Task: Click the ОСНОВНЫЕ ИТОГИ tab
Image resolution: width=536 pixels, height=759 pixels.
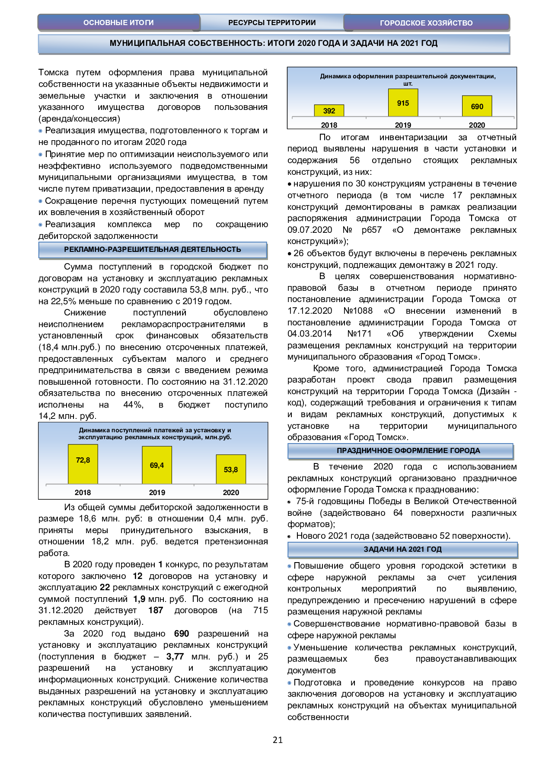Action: (118, 23)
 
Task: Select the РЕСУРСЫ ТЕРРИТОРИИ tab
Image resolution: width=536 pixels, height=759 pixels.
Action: (272, 23)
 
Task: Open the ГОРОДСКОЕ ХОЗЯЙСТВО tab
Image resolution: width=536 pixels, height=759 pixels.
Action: (426, 23)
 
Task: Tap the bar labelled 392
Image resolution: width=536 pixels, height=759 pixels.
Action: (329, 110)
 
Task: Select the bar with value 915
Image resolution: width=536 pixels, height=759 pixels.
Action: (403, 103)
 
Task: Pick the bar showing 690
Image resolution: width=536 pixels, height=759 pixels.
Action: (477, 106)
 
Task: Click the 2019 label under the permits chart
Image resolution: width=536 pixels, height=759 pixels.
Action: (403, 125)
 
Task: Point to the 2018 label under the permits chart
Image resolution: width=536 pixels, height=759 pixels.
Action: (329, 125)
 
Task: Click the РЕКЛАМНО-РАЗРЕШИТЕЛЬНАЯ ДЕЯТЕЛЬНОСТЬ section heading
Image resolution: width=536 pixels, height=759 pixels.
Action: (153, 250)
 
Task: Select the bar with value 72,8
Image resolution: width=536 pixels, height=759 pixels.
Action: (83, 464)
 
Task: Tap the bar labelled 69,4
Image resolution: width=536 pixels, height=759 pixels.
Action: (157, 465)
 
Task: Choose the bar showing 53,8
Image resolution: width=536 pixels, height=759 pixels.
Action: (231, 469)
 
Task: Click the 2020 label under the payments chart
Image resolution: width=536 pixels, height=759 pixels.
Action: (231, 492)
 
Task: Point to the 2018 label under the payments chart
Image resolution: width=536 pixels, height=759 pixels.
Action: (83, 492)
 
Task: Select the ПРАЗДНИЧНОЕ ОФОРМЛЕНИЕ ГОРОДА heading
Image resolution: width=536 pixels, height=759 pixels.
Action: (408, 451)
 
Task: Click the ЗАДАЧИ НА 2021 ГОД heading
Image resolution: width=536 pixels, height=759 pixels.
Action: (402, 550)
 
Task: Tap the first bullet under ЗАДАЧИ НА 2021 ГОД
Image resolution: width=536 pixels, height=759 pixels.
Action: (290, 566)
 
